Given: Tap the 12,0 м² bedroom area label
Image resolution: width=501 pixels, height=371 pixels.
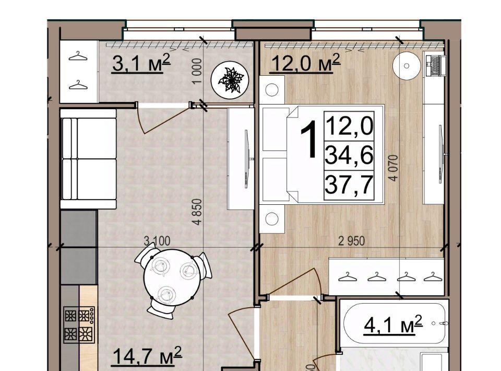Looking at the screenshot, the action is pyautogui.click(x=305, y=63).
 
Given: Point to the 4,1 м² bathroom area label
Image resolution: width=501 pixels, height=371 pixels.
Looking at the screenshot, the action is pyautogui.click(x=393, y=324).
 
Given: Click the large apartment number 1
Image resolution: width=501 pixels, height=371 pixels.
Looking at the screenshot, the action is pyautogui.click(x=308, y=140).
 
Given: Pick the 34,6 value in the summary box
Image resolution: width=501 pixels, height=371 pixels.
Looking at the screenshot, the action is pyautogui.click(x=349, y=155).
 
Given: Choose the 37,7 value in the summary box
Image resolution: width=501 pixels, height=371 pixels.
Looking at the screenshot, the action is pyautogui.click(x=349, y=185).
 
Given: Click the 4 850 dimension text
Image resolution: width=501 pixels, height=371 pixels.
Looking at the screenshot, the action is pyautogui.click(x=198, y=212).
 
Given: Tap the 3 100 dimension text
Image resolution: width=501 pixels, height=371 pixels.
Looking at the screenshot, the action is pyautogui.click(x=157, y=241).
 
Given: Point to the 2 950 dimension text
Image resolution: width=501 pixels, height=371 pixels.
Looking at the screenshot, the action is pyautogui.click(x=351, y=241).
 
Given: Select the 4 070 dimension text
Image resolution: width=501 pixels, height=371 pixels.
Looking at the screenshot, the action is pyautogui.click(x=394, y=168).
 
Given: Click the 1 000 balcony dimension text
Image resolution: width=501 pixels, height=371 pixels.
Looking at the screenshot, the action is pyautogui.click(x=198, y=71).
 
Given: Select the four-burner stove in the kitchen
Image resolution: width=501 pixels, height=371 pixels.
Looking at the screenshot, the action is pyautogui.click(x=79, y=324).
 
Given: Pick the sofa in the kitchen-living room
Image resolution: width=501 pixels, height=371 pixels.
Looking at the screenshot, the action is pyautogui.click(x=88, y=159).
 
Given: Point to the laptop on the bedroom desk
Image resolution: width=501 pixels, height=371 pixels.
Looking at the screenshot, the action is pyautogui.click(x=435, y=65).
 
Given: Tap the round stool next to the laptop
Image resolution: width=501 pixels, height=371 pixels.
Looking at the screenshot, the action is pyautogui.click(x=407, y=65).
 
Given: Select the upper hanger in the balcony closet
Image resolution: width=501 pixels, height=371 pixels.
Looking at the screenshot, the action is pyautogui.click(x=78, y=56).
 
